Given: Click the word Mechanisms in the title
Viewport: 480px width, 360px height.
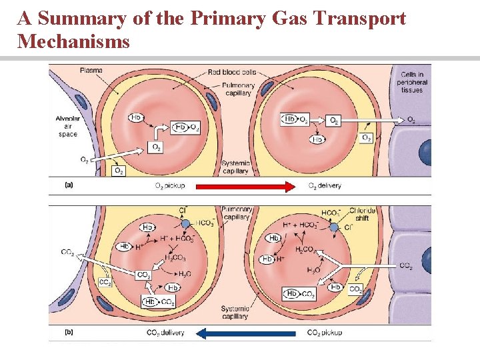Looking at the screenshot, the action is click(x=73, y=42).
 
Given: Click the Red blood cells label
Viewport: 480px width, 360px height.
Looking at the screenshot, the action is click(x=232, y=71).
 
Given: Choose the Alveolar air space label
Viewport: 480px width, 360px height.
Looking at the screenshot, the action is click(x=67, y=127).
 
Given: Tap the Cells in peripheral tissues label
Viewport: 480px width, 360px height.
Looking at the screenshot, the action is click(x=413, y=82).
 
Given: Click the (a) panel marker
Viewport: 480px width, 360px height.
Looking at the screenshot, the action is click(x=69, y=186).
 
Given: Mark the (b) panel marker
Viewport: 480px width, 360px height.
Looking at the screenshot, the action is click(x=69, y=332).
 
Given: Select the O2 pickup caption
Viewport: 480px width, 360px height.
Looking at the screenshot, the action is click(x=170, y=186).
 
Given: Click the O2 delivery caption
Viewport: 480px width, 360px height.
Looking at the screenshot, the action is click(x=324, y=186).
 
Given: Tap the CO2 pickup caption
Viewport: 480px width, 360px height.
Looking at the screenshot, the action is click(x=325, y=333).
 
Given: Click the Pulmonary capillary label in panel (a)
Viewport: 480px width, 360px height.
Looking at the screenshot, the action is click(x=238, y=89).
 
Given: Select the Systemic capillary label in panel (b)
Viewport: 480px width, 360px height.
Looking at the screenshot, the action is click(x=235, y=312).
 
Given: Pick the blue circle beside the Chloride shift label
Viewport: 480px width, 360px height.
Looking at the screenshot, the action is click(x=333, y=227).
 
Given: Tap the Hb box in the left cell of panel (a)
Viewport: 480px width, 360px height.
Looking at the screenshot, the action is click(x=136, y=117).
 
